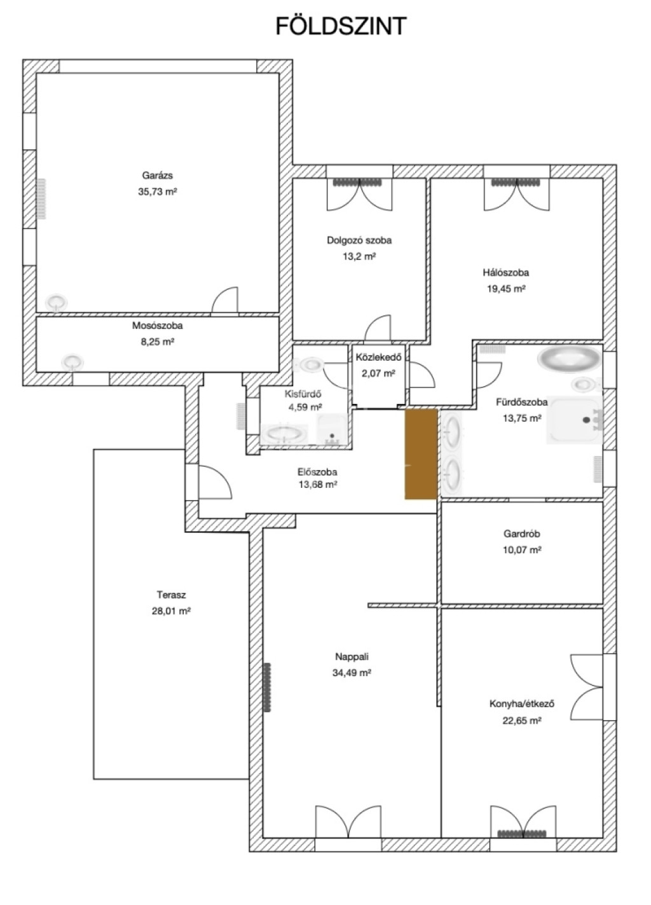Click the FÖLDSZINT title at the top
pos(341,26)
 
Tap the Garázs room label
pos(158,176)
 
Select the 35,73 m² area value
pos(158,191)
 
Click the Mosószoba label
pos(158,325)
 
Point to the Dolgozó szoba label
pos(359,240)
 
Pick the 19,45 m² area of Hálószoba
pos(506,289)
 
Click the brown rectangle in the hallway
pos(421,454)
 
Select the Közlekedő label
pos(378,357)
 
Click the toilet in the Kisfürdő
pos(310,364)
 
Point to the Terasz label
pos(171,595)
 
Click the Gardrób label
pos(522,534)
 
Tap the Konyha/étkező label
pos(522,703)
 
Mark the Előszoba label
pos(317,471)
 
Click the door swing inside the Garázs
pos(225,300)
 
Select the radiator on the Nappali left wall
pos(268,687)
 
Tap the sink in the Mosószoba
pos(72,362)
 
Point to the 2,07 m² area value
pos(378,373)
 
